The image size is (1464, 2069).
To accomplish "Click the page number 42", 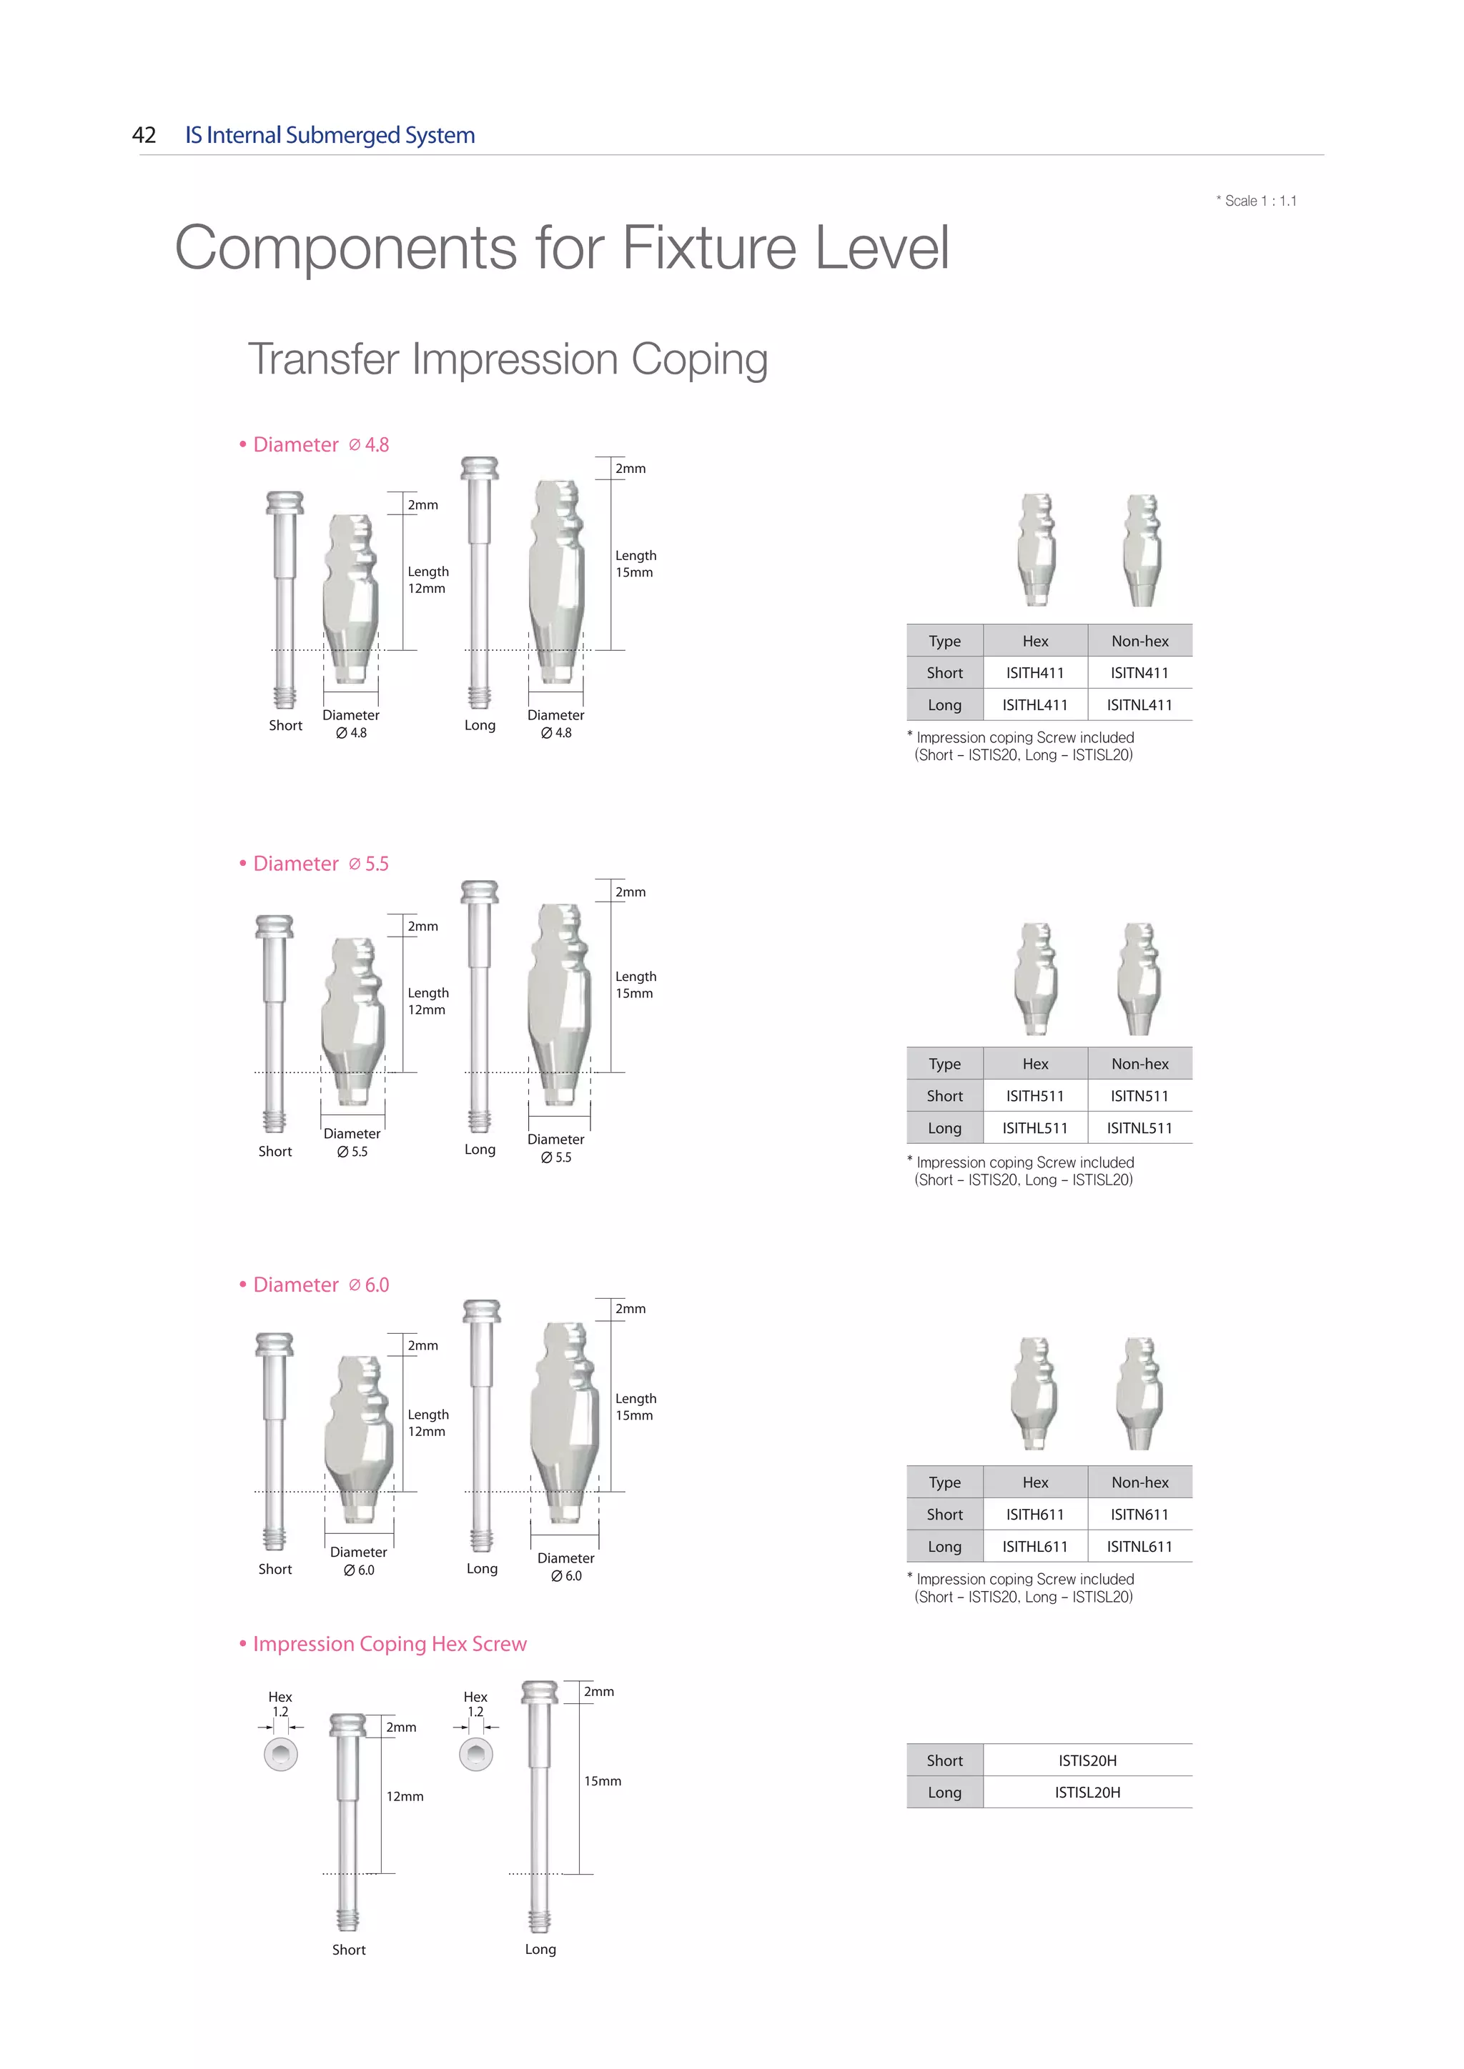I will [x=144, y=135].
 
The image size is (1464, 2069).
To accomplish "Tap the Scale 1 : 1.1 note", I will [x=1257, y=201].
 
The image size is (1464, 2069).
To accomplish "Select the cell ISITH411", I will [x=1035, y=673].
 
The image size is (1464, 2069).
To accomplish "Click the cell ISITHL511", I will [x=1035, y=1128].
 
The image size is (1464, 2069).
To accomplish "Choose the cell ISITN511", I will [x=1139, y=1097].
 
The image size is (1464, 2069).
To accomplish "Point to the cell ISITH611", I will [x=1035, y=1515].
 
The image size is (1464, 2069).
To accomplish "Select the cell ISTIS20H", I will [x=1087, y=1761].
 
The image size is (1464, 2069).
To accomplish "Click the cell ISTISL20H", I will [x=1087, y=1793].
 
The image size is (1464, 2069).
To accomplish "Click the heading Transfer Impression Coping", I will [x=508, y=359].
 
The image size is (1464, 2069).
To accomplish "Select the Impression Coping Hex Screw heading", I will [x=383, y=1645].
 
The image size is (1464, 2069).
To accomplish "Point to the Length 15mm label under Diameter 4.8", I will [x=635, y=564].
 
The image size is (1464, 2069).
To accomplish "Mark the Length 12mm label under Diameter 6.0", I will [x=427, y=1423].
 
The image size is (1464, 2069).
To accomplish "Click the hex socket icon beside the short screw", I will [x=281, y=1755].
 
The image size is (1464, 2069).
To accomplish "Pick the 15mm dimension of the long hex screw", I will [x=602, y=1782].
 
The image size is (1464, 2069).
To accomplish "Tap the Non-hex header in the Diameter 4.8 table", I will [x=1139, y=642].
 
